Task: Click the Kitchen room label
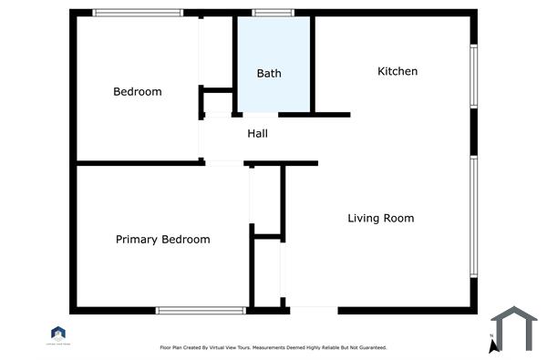pos(397,71)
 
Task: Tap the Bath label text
pos(269,73)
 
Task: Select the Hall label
pos(258,134)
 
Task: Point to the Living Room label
pos(381,218)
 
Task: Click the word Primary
pos(137,240)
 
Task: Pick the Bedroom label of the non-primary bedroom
pos(138,91)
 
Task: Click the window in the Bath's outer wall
pos(267,13)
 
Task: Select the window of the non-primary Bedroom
pos(138,13)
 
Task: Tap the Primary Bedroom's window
pos(201,310)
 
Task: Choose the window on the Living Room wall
pos(473,216)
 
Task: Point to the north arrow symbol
pos(492,345)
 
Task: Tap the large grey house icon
pos(514,328)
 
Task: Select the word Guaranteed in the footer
pos(369,347)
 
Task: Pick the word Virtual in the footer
pos(215,347)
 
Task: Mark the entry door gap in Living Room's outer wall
pos(313,310)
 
